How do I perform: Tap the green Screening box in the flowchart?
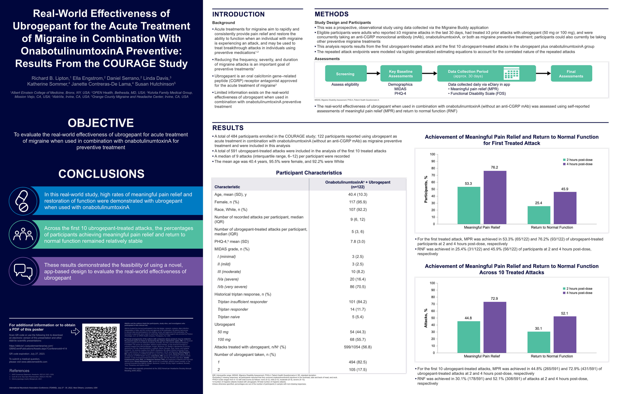tap(345, 74)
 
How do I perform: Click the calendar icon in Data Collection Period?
tap(511, 73)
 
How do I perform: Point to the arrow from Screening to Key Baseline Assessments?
tap(373, 74)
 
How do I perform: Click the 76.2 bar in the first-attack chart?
tap(495, 197)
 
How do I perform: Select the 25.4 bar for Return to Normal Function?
tap(539, 215)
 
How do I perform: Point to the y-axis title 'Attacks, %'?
tap(426, 318)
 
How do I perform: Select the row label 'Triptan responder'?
tap(233, 309)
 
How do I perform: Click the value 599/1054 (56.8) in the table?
tap(357, 347)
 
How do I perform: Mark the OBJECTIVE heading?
tap(101, 123)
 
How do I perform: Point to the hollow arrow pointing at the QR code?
tap(75, 332)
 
